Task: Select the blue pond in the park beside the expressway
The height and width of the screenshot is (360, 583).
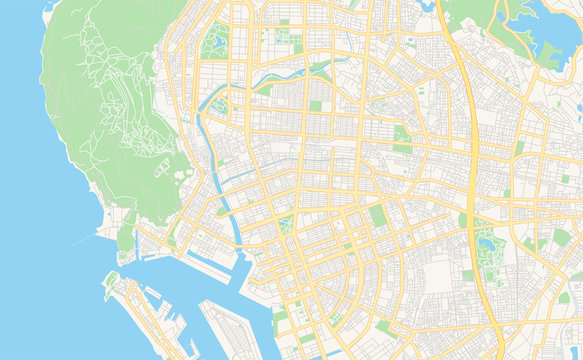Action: pyautogui.click(x=487, y=241)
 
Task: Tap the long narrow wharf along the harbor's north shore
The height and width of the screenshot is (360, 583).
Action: pyautogui.click(x=175, y=259)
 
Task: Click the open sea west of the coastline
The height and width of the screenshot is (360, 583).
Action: pyautogui.click(x=40, y=250)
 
